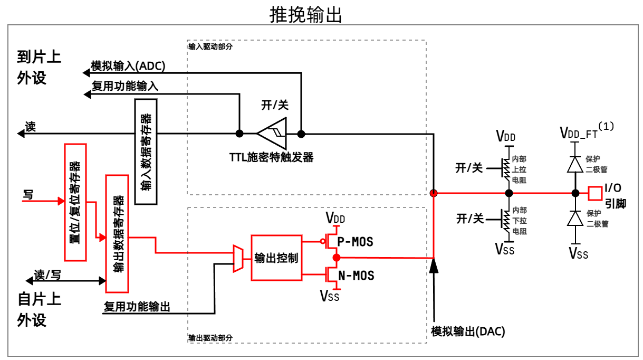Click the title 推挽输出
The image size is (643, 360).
(x=306, y=15)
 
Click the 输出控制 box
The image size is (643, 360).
(x=276, y=258)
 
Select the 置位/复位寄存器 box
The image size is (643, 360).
(x=75, y=202)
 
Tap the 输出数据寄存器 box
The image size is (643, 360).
(x=118, y=233)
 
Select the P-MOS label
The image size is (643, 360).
(x=355, y=242)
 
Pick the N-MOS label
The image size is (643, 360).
(x=356, y=275)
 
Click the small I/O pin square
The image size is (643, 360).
(x=595, y=193)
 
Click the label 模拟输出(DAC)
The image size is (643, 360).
(x=468, y=331)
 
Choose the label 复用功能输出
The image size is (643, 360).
(x=137, y=306)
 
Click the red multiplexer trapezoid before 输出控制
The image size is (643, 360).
(x=238, y=258)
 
